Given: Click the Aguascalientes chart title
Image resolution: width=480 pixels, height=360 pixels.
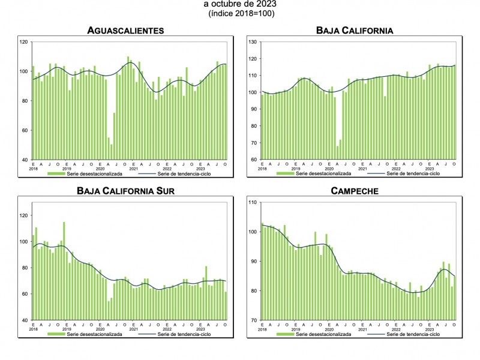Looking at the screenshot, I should point(125,30).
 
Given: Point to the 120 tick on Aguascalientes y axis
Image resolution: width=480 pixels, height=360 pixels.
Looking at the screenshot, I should point(24,42).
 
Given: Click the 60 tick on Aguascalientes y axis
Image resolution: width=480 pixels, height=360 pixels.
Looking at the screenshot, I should point(24,130).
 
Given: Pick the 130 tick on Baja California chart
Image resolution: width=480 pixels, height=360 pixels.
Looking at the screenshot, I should point(253,42).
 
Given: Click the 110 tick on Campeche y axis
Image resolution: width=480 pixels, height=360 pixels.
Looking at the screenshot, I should point(253,203).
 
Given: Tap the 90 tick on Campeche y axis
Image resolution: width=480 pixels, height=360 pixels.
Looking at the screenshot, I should point(253,262).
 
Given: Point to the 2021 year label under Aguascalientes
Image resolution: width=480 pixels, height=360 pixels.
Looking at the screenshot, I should point(133,169).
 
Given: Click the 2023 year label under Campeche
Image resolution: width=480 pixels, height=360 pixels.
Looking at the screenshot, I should point(430,329).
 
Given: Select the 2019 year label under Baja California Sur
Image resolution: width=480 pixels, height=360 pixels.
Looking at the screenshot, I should point(66,329).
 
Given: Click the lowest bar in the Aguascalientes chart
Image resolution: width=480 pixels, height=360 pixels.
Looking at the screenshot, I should point(111,152).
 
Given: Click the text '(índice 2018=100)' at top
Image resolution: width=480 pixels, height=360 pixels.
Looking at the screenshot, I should point(241,13).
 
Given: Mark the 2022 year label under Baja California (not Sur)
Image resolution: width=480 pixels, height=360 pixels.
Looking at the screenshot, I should point(396,169).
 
